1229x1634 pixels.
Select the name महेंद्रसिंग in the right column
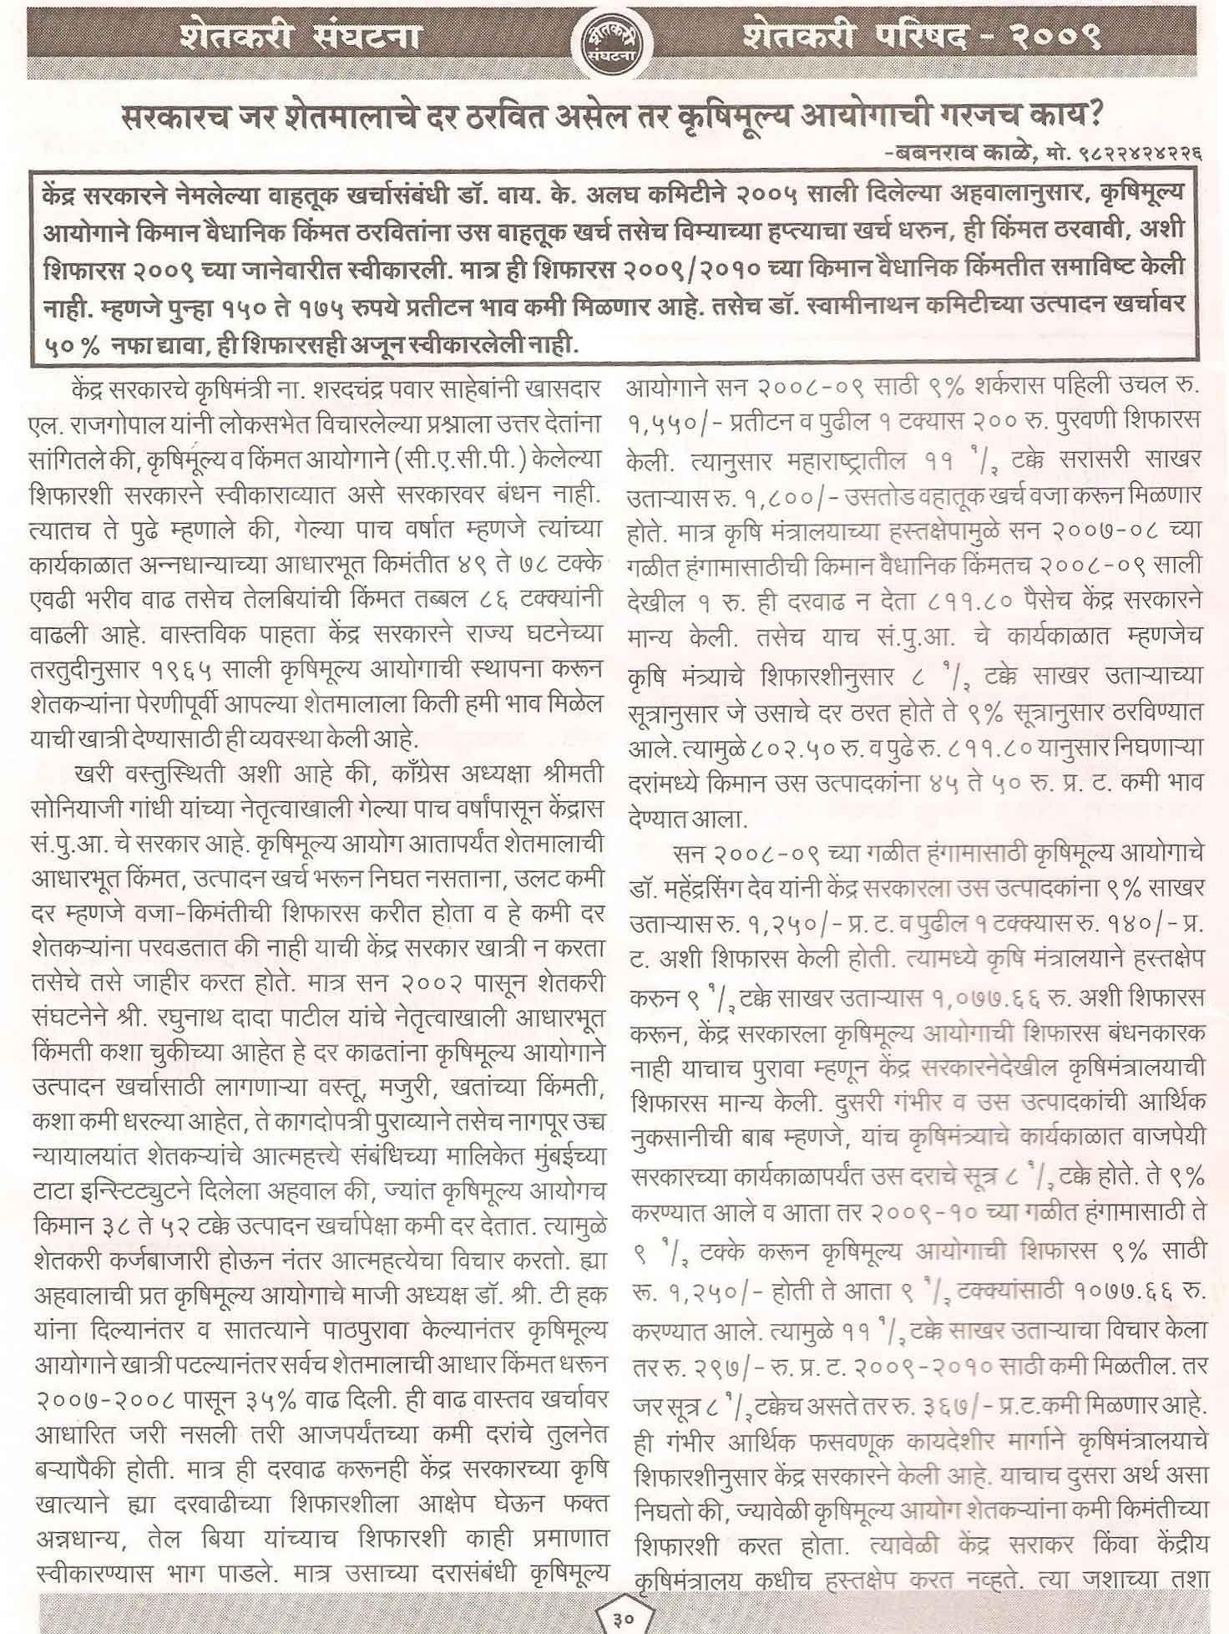pyautogui.click(x=704, y=889)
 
